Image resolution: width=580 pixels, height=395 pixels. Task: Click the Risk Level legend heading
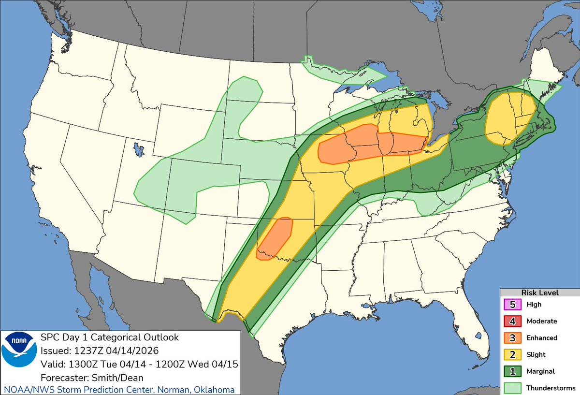pos(539,293)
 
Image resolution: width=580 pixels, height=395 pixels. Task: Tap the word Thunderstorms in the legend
pos(551,388)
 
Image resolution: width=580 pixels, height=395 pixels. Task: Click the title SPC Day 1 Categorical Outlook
pos(110,337)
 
